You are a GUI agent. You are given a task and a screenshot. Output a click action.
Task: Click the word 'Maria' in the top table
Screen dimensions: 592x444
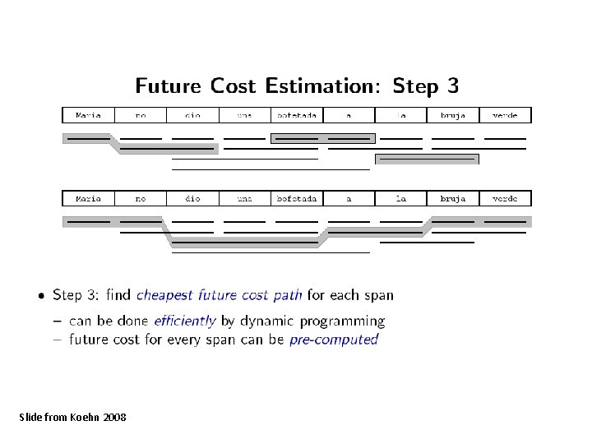click(x=88, y=115)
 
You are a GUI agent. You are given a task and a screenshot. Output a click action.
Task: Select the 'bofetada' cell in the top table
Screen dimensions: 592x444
click(x=297, y=115)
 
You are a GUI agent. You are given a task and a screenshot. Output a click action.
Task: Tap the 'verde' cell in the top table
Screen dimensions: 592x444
click(x=505, y=115)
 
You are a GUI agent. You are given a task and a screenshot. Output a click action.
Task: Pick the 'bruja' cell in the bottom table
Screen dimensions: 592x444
click(x=453, y=198)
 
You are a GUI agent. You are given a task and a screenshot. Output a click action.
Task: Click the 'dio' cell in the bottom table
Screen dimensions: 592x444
click(x=192, y=198)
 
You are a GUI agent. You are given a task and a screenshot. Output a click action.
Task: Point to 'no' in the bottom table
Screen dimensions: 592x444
click(x=141, y=198)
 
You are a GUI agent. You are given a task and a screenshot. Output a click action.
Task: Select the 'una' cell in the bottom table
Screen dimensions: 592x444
click(x=245, y=198)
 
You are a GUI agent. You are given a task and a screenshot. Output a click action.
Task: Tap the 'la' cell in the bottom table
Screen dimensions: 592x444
click(x=401, y=198)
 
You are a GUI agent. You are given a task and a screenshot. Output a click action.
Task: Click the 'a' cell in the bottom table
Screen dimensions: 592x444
click(x=349, y=198)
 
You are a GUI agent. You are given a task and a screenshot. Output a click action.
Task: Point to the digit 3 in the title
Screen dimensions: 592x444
click(x=451, y=86)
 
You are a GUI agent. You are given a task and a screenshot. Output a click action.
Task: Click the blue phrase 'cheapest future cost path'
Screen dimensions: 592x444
click(x=219, y=294)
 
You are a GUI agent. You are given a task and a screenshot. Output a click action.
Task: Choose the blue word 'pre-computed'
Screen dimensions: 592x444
click(x=334, y=339)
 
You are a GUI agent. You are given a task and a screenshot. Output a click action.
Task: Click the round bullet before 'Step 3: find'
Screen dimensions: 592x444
click(x=40, y=294)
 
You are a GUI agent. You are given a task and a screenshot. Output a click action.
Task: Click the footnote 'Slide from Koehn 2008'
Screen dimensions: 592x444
click(x=72, y=418)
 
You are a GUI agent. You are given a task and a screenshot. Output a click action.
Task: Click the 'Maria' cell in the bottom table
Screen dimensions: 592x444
click(x=88, y=198)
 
